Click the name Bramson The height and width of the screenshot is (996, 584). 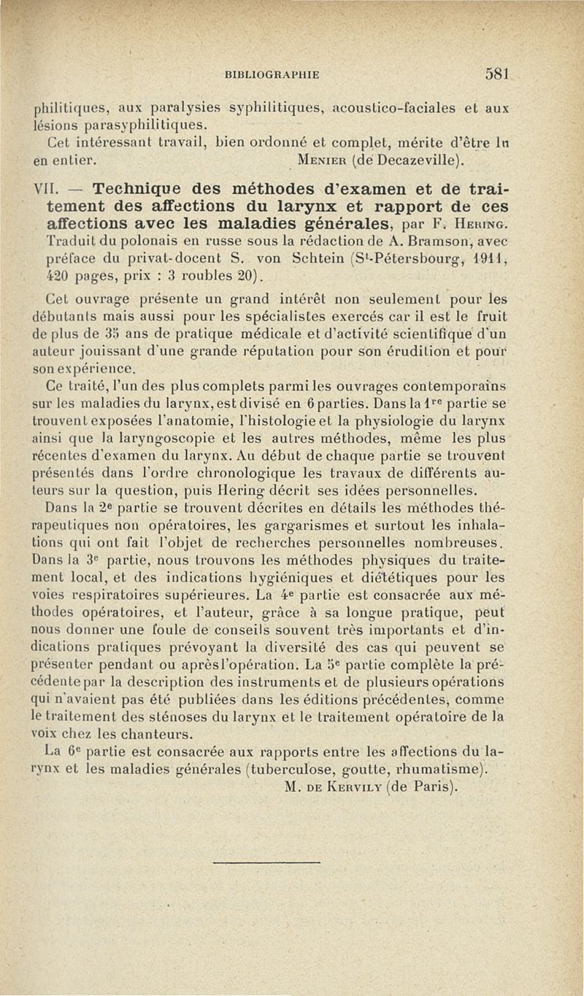428,240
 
